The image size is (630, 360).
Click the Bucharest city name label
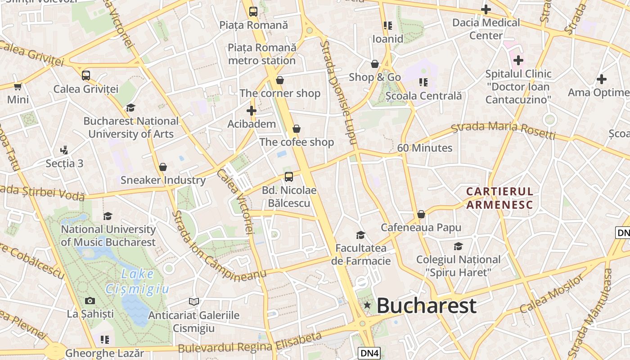tap(426, 306)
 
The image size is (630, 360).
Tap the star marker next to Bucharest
tap(367, 305)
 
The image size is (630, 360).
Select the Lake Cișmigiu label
tap(137, 281)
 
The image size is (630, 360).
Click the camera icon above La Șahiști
tap(90, 300)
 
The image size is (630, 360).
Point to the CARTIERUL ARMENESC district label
tap(499, 198)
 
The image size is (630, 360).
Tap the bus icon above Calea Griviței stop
tap(86, 75)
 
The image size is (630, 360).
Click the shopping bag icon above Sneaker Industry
tap(163, 167)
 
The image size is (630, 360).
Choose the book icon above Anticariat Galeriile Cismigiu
tap(194, 301)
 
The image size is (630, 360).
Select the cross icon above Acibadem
tap(252, 110)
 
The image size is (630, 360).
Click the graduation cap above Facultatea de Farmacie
tap(360, 234)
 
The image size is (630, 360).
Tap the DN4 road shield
tap(369, 353)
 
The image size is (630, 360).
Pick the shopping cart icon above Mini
tap(18, 86)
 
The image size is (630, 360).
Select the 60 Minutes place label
tap(425, 148)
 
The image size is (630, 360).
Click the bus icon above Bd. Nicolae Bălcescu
tap(289, 177)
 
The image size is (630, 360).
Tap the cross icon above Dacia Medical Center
tap(486, 9)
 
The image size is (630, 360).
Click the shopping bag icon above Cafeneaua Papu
tap(421, 214)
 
